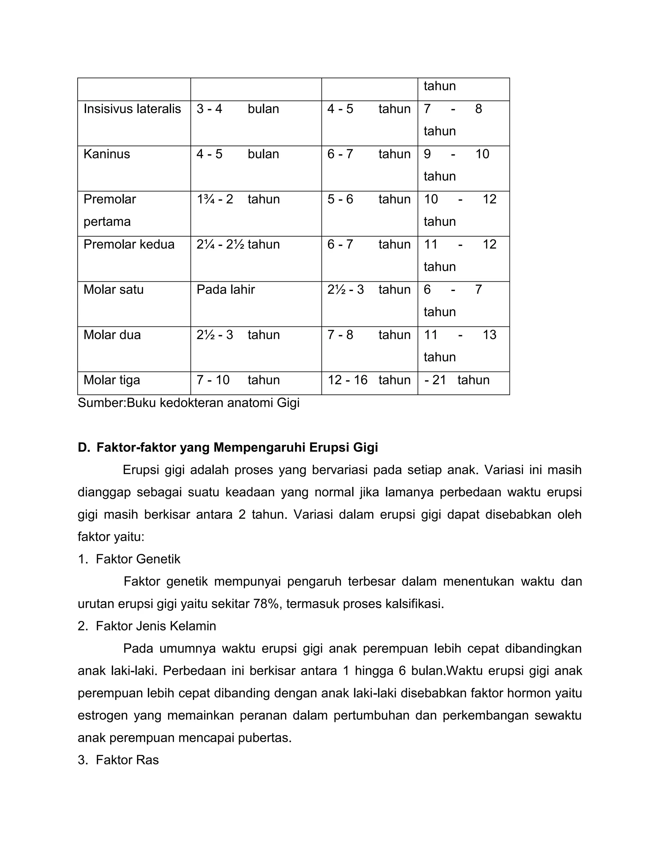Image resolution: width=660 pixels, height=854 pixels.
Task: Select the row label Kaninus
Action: tap(106, 154)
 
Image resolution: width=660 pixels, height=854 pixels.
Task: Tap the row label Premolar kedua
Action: tap(129, 244)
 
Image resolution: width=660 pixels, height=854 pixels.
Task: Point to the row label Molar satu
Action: tap(113, 290)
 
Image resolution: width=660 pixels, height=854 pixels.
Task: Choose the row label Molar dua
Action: tap(112, 335)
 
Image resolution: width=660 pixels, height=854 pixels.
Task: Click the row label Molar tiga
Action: tap(112, 380)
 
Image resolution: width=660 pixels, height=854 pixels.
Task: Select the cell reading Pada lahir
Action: tap(226, 290)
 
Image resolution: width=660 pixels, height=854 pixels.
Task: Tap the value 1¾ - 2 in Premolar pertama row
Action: tap(215, 199)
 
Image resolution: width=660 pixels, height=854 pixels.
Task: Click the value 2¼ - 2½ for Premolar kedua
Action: tap(221, 244)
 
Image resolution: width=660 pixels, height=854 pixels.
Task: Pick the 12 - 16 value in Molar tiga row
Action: tap(347, 380)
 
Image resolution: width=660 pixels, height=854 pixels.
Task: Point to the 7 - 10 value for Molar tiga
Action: tap(213, 380)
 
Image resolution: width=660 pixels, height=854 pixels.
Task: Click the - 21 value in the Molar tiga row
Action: tap(435, 380)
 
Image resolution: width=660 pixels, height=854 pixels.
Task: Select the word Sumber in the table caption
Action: tap(101, 403)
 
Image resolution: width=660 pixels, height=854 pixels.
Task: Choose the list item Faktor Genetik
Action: tap(138, 559)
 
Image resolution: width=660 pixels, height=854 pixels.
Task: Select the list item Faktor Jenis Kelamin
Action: tap(156, 626)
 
